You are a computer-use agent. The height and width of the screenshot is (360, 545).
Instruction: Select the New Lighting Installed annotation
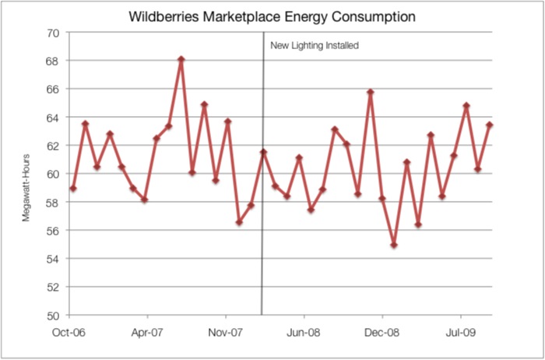pyautogui.click(x=314, y=46)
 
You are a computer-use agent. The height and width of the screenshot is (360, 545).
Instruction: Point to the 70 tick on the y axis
pyautogui.click(x=52, y=33)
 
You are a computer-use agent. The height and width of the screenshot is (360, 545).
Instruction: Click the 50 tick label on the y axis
pyautogui.click(x=52, y=316)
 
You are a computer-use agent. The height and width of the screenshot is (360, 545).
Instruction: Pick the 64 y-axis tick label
pyautogui.click(x=52, y=118)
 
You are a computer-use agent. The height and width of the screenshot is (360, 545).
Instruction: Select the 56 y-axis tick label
pyautogui.click(x=52, y=231)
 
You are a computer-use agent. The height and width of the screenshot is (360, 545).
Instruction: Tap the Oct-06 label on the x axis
pyautogui.click(x=69, y=330)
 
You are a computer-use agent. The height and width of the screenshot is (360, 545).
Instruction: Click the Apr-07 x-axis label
pyautogui.click(x=147, y=330)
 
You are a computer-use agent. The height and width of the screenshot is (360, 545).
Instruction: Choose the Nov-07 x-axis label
pyautogui.click(x=226, y=330)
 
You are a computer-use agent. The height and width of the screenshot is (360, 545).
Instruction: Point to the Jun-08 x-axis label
pyautogui.click(x=304, y=330)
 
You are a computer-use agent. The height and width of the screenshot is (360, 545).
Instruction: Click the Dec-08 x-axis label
pyautogui.click(x=382, y=330)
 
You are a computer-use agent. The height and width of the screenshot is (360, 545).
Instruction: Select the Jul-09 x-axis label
pyautogui.click(x=460, y=330)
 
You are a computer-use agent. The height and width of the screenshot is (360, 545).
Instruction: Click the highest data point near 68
pyautogui.click(x=181, y=58)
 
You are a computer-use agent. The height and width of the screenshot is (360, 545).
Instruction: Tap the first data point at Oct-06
pyautogui.click(x=73, y=189)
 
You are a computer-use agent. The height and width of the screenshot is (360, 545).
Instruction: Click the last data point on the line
pyautogui.click(x=490, y=125)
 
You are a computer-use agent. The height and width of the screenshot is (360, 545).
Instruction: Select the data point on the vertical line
pyautogui.click(x=263, y=152)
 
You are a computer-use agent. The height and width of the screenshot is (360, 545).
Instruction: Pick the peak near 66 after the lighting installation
pyautogui.click(x=371, y=92)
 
